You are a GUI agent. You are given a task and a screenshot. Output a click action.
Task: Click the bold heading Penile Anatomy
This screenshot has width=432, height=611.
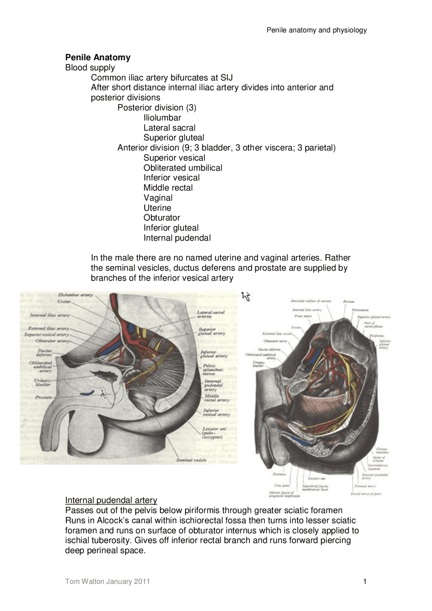pos(98,57)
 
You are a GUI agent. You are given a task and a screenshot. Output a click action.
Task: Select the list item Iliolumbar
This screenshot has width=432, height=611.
pos(162,118)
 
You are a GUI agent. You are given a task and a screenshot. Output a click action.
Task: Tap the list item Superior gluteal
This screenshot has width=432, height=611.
pos(174,138)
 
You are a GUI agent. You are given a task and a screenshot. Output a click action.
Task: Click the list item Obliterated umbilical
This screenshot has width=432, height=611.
pos(183,168)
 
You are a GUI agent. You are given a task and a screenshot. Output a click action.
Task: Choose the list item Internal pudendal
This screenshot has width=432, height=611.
pos(177,238)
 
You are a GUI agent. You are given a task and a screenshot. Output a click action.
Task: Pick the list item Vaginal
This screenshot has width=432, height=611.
pos(158,198)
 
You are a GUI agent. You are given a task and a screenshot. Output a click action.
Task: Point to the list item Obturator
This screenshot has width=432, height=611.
pos(162,218)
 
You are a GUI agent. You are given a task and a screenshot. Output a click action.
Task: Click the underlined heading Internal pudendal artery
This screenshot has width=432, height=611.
pos(111,500)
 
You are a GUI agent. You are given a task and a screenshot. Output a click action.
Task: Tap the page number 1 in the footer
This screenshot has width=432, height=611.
pos(365,581)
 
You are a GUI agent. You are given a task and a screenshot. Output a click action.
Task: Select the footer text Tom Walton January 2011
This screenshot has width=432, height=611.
pos(107,581)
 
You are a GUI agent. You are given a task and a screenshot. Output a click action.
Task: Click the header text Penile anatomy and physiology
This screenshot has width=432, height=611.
pos(317,30)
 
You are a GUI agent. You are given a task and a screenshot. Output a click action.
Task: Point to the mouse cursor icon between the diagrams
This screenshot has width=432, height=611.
pos(246,297)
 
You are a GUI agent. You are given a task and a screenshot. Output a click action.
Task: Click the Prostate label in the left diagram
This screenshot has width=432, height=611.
pos(44,397)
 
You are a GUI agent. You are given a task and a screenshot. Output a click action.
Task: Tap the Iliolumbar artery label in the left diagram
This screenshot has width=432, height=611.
pos(75,295)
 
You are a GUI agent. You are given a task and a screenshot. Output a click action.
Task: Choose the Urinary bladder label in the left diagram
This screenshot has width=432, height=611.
pos(43,383)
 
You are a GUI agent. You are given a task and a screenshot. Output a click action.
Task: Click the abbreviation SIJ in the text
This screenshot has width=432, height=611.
pos(226,78)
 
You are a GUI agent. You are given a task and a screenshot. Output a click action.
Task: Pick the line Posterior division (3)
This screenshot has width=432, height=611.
pos(157,108)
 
